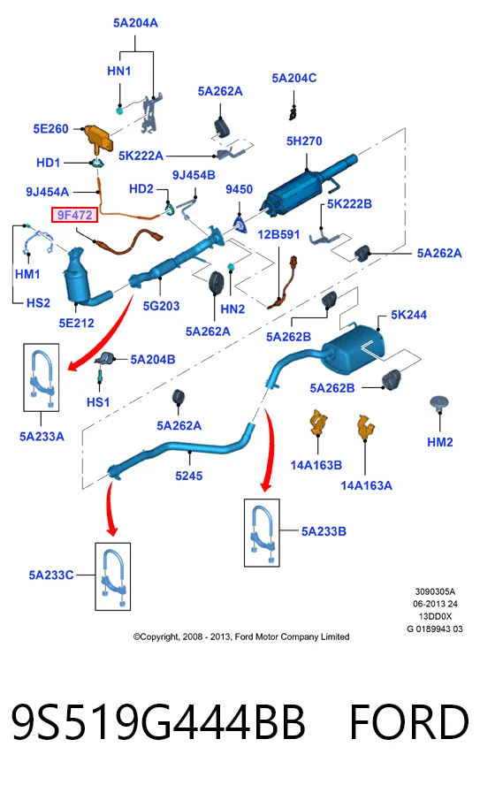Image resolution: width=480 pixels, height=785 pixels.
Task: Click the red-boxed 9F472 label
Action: point(74,215)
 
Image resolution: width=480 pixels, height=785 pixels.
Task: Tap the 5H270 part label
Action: point(304,141)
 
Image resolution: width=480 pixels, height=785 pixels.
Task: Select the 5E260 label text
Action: point(50,129)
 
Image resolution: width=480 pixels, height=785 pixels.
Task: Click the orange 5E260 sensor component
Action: point(96,136)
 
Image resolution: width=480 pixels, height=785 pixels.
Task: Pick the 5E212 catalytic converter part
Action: point(85,277)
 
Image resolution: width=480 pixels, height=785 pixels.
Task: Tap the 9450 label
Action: point(239,189)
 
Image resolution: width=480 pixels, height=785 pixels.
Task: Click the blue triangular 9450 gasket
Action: point(240,225)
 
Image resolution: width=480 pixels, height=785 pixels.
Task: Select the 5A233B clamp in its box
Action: point(262,532)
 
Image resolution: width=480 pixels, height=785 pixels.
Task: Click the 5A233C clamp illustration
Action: point(113,576)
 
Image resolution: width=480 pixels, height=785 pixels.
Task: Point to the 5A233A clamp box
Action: point(42,377)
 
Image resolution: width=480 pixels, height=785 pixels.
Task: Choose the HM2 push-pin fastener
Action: point(439,403)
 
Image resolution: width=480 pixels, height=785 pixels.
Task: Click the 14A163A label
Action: point(366,485)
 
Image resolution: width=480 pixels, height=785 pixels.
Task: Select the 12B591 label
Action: point(278,234)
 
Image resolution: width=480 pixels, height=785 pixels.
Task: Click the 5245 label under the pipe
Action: point(188,476)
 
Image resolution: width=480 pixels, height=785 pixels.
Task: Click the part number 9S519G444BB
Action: point(158,721)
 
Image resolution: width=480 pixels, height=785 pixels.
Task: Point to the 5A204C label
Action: point(294,78)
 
